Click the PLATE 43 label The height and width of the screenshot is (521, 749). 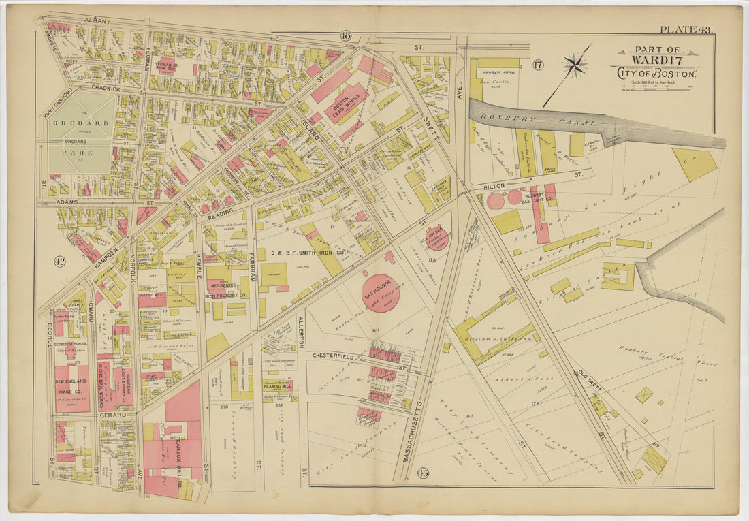tap(685, 29)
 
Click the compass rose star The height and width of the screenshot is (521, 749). tap(575, 65)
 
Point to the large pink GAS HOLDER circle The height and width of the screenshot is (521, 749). tap(379, 293)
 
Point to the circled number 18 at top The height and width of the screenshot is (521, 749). tap(347, 35)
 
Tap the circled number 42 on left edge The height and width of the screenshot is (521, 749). tap(60, 261)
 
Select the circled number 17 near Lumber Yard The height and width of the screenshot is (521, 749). tap(539, 65)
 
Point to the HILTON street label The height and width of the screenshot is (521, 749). tap(494, 185)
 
